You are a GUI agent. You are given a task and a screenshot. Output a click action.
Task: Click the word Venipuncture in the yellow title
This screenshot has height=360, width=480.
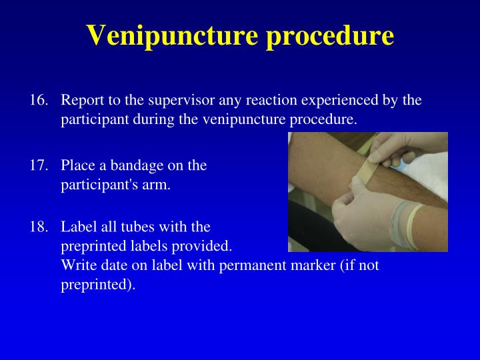173,36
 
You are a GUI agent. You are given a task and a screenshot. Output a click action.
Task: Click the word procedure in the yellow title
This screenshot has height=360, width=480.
330,36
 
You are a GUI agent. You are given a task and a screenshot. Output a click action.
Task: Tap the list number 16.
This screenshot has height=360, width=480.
39,100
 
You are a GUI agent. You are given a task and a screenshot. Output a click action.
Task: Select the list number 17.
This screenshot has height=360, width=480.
39,165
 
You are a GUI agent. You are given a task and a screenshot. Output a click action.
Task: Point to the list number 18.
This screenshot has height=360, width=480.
39,227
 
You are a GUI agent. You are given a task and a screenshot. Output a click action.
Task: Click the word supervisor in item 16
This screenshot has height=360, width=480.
181,101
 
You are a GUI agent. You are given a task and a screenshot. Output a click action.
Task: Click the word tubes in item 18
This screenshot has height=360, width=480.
138,227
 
